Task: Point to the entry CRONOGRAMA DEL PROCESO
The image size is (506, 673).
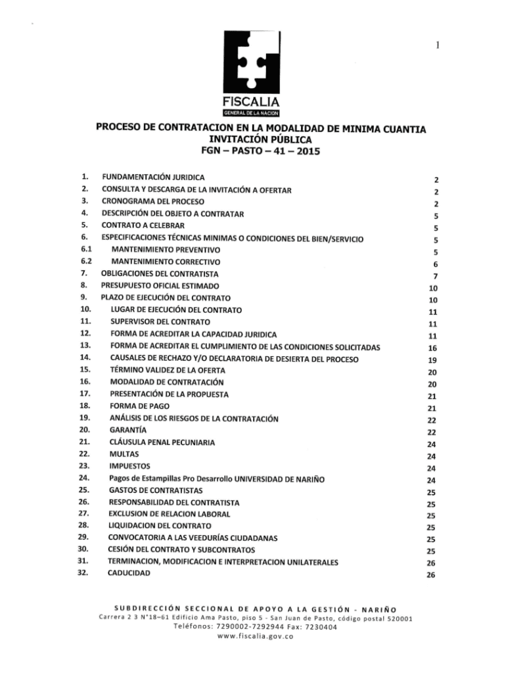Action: [x=152, y=202]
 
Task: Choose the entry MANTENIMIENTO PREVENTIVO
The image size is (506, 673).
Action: [x=166, y=250]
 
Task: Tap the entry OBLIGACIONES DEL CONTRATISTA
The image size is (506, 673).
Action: [x=160, y=273]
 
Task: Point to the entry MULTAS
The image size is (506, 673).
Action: [x=123, y=454]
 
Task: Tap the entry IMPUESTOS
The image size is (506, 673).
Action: [x=129, y=466]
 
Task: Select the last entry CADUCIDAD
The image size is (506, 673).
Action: [x=129, y=573]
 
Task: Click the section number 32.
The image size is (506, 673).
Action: [x=83, y=573]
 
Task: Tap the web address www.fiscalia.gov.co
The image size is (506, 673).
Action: [x=254, y=637]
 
